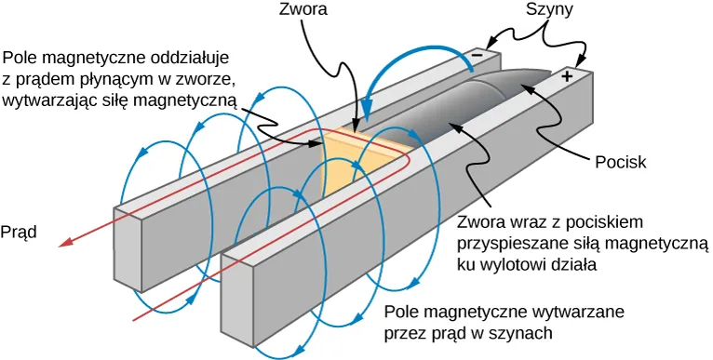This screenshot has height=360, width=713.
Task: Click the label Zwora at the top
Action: (x=303, y=11)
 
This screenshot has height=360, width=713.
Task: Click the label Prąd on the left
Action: (x=19, y=232)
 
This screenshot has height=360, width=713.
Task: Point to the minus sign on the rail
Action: (x=477, y=55)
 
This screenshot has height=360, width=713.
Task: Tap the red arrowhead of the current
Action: (x=64, y=244)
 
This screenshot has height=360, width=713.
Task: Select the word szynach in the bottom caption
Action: (x=522, y=332)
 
